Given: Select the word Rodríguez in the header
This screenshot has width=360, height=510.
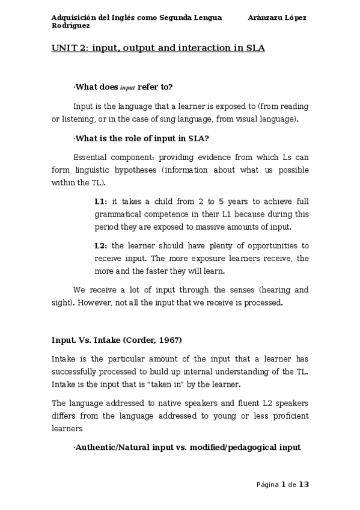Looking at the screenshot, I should pos(71,25).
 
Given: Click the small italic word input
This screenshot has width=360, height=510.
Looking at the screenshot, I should pos(127,88).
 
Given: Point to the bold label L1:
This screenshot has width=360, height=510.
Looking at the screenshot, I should pos(100,201).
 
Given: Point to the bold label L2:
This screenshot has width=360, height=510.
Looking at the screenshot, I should pos(100,245).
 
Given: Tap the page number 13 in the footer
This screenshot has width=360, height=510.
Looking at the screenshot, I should pos(304,484).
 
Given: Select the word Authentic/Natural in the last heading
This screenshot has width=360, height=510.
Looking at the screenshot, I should pos(114,448).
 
